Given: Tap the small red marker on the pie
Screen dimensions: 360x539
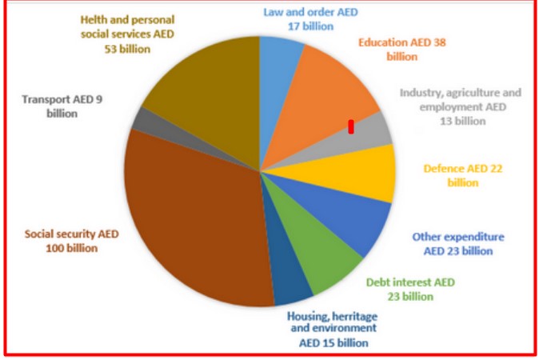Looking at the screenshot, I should tap(350, 126).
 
